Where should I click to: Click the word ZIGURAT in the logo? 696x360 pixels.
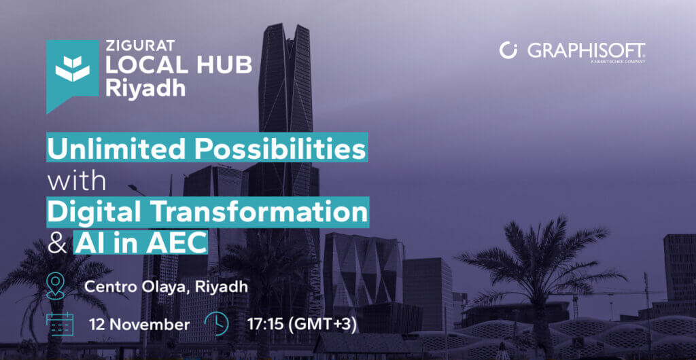click(x=134, y=46)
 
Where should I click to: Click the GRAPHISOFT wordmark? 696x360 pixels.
click(x=587, y=50)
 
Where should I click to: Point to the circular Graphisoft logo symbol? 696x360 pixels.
click(x=508, y=50)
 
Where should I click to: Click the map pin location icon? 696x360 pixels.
click(x=55, y=286)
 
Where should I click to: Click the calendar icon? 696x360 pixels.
click(x=60, y=324)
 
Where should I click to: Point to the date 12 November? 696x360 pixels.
click(x=139, y=325)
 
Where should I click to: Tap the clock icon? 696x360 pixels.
click(x=217, y=324)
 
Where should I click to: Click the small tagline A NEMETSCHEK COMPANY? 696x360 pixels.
click(x=617, y=62)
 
